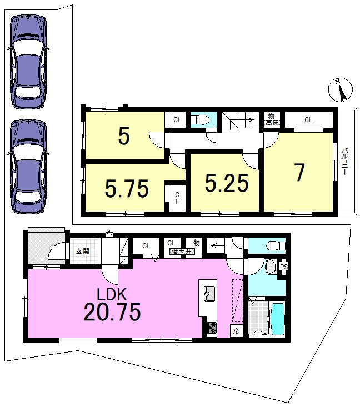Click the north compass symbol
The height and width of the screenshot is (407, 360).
click(x=341, y=90)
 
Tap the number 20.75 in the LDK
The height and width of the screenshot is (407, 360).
click(x=112, y=311)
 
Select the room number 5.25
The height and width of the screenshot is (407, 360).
click(x=227, y=183)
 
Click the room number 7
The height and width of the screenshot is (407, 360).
click(x=299, y=172)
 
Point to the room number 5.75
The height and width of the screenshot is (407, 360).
click(x=127, y=188)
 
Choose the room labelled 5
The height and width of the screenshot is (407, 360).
click(x=124, y=136)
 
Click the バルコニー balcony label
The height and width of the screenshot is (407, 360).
click(x=344, y=161)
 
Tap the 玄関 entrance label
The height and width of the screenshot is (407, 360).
click(x=82, y=251)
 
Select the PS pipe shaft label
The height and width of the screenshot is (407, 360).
click(x=283, y=267)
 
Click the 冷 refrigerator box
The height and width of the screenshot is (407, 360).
click(x=236, y=331)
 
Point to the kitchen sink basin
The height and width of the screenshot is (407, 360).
click(x=209, y=294)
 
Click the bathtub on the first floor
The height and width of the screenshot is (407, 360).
click(x=278, y=319)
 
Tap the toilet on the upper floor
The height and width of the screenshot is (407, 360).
click(x=200, y=120)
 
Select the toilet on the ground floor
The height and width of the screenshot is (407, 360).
click(x=276, y=245)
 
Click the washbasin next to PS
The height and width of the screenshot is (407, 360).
click(x=271, y=267)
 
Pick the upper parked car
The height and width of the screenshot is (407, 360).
click(x=28, y=62)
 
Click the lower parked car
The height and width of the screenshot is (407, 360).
click(x=28, y=167)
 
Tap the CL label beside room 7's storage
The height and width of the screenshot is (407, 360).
click(x=308, y=120)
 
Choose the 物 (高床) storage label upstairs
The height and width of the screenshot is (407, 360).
click(x=272, y=119)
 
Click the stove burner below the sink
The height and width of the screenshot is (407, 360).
click(x=212, y=328)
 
